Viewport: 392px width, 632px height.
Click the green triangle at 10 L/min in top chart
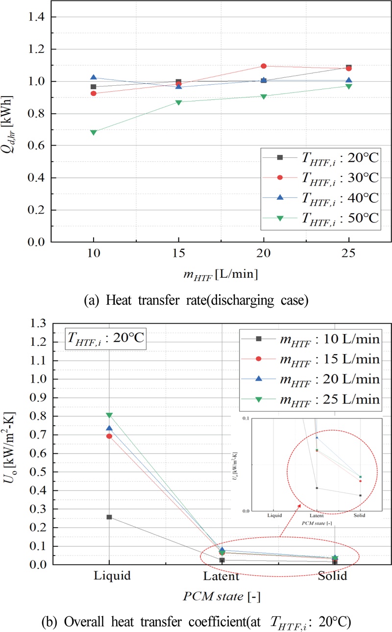(x=94, y=132)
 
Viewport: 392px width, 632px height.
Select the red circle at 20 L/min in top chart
(x=264, y=66)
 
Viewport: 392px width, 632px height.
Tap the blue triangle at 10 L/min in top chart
(x=94, y=77)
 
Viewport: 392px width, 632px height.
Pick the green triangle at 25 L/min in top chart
(x=348, y=86)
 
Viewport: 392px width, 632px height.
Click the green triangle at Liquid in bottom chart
(x=109, y=415)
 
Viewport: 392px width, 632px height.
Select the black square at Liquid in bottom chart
(x=109, y=517)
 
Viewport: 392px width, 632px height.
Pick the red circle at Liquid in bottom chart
(x=109, y=436)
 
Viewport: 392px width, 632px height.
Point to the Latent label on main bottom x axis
(x=222, y=576)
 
